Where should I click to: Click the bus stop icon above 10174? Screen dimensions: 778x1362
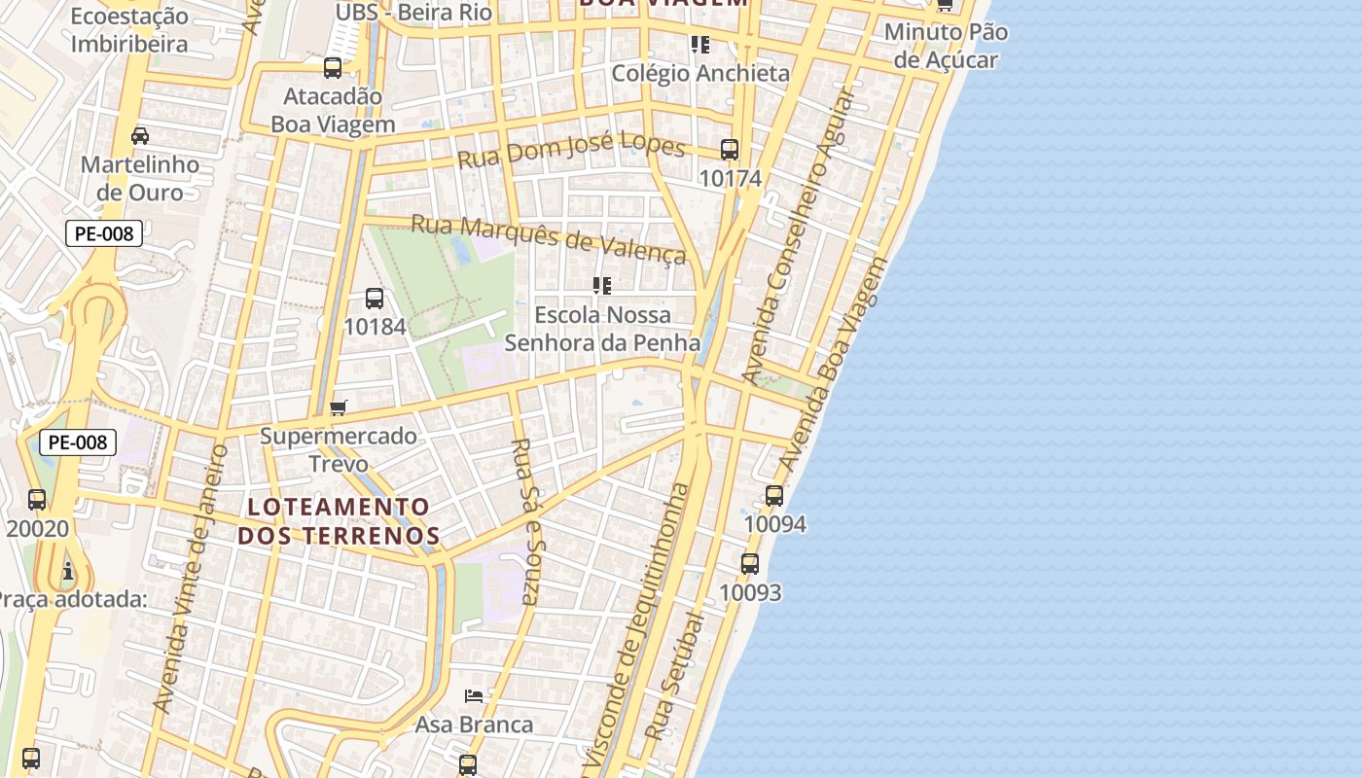[730, 150]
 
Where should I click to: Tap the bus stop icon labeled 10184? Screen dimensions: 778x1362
[375, 299]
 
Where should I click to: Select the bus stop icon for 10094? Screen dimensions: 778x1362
[774, 496]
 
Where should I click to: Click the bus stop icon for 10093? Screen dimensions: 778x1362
[749, 564]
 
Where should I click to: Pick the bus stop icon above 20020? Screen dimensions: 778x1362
[37, 500]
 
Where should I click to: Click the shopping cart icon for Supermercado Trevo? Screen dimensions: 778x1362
[338, 407]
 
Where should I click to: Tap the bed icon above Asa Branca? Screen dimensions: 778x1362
[474, 695]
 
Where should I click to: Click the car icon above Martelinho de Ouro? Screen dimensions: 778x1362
[140, 135]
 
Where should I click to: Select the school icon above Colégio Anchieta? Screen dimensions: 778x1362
[699, 45]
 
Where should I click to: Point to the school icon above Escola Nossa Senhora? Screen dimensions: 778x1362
[602, 286]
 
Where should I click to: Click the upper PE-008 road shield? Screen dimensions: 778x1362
[104, 233]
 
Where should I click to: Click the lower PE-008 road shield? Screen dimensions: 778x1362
[78, 442]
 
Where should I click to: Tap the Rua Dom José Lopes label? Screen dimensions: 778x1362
[571, 151]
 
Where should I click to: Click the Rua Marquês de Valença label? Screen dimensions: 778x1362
[549, 239]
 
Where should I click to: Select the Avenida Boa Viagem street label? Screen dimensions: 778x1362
[835, 365]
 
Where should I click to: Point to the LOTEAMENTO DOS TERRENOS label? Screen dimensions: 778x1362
[339, 520]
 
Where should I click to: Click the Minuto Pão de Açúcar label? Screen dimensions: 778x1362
[946, 46]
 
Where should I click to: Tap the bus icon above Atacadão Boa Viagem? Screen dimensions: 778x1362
[333, 68]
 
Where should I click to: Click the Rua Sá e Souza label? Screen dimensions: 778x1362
[525, 520]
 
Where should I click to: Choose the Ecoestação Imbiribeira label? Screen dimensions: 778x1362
[129, 30]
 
